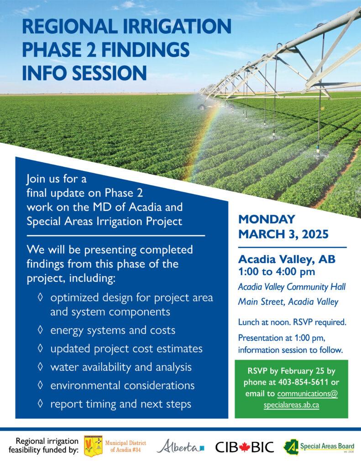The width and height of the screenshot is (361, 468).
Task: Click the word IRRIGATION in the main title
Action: (x=177, y=26)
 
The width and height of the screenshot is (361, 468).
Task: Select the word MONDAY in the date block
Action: (x=267, y=219)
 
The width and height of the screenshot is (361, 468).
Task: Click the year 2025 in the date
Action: (x=315, y=234)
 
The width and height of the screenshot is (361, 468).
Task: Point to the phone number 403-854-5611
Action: (x=303, y=383)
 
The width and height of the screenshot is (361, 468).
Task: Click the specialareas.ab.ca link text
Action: (x=291, y=405)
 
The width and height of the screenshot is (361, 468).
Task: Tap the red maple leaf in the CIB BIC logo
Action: (x=245, y=447)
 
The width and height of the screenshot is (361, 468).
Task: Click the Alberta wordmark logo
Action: (x=181, y=447)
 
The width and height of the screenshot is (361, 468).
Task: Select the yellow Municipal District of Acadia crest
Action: (x=93, y=446)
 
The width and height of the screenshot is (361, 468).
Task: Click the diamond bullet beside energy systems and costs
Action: (x=40, y=330)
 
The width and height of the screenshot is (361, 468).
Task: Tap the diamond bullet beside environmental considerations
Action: (x=40, y=385)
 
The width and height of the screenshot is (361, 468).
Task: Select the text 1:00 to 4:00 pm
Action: (x=276, y=272)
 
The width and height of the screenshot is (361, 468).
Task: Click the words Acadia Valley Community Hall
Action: (x=292, y=287)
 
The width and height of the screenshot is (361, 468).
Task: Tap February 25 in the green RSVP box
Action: (x=303, y=371)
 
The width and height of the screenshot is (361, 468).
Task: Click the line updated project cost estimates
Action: (x=126, y=349)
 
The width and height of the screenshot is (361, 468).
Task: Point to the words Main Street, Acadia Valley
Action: (x=288, y=302)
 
